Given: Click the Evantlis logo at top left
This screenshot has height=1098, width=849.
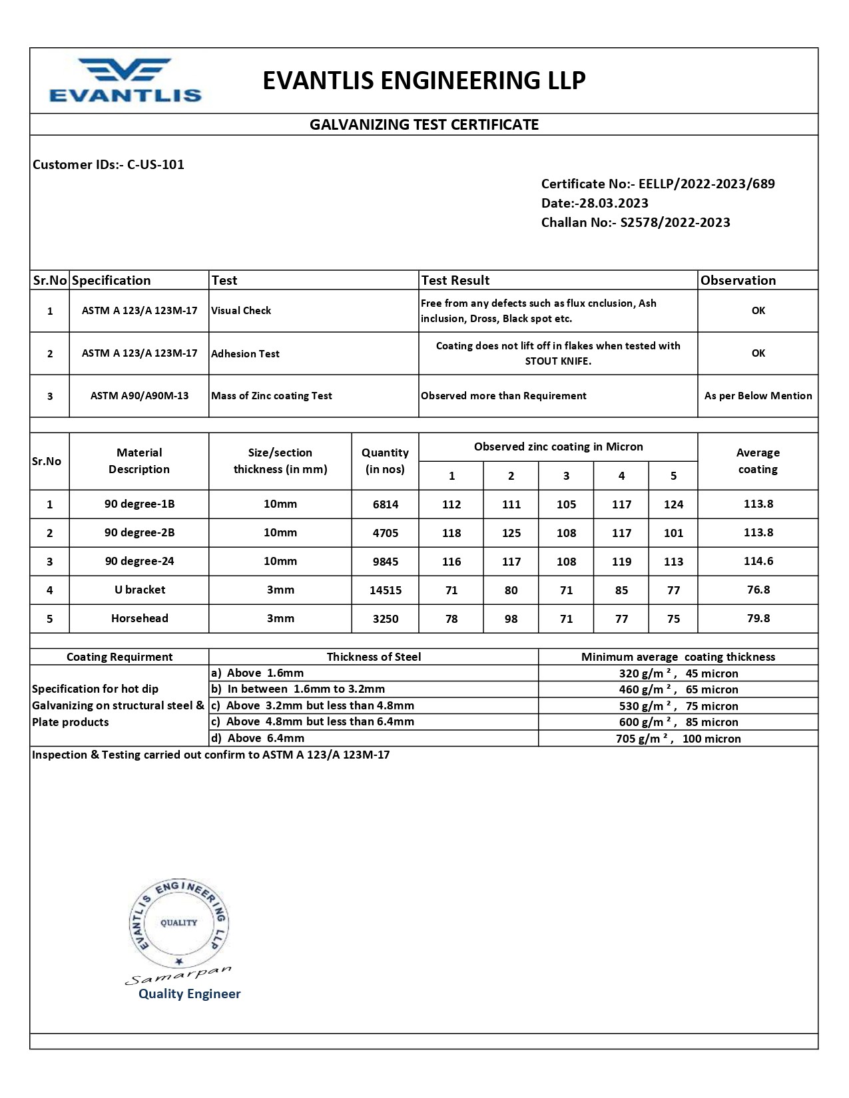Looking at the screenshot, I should click(125, 81).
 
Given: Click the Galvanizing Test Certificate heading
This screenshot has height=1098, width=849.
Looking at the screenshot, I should click(424, 124).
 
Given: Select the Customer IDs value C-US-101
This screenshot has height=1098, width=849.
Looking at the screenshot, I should click(156, 164).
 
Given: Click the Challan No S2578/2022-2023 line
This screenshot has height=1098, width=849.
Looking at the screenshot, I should click(635, 222).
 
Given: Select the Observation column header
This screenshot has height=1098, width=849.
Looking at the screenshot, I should click(738, 280).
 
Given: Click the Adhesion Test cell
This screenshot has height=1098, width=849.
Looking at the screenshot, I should click(245, 354).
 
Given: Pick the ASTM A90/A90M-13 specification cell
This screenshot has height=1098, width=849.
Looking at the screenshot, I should click(139, 396).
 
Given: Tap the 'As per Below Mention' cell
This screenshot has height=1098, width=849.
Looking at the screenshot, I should click(758, 396).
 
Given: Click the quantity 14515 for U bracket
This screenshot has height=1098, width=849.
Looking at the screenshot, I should click(386, 590).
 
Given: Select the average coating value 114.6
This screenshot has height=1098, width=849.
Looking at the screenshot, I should click(758, 561).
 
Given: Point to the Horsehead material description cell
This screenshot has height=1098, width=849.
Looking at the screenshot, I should click(139, 618).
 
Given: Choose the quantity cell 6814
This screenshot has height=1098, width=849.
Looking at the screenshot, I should click(386, 504).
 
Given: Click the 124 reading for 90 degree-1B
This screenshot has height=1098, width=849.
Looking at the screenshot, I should click(673, 504).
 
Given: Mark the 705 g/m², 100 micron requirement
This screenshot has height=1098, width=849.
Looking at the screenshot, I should click(678, 739).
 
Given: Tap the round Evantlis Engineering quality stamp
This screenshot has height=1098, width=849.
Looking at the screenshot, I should click(178, 924).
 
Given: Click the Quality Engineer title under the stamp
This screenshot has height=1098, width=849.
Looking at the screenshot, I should click(189, 994).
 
